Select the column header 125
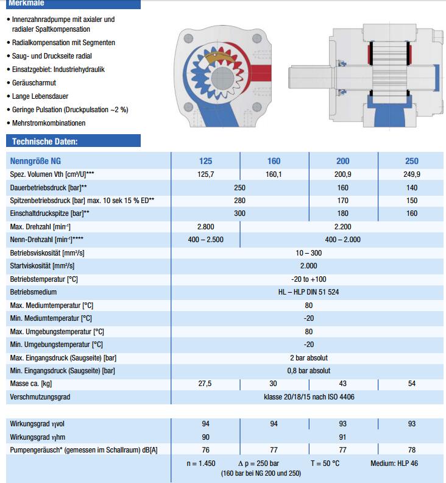[206, 161]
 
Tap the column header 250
[412, 161]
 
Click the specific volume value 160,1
[274, 174]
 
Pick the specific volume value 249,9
[412, 174]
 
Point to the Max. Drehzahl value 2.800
[206, 227]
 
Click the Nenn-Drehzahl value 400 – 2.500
[206, 240]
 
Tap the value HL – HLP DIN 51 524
[308, 292]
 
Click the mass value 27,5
[206, 384]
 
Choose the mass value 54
[412, 384]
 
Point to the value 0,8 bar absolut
[308, 370]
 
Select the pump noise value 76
[206, 449]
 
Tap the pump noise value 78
[412, 449]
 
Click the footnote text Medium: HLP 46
[394, 463]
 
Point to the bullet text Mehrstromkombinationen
[49, 123]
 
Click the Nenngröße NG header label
[35, 161]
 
